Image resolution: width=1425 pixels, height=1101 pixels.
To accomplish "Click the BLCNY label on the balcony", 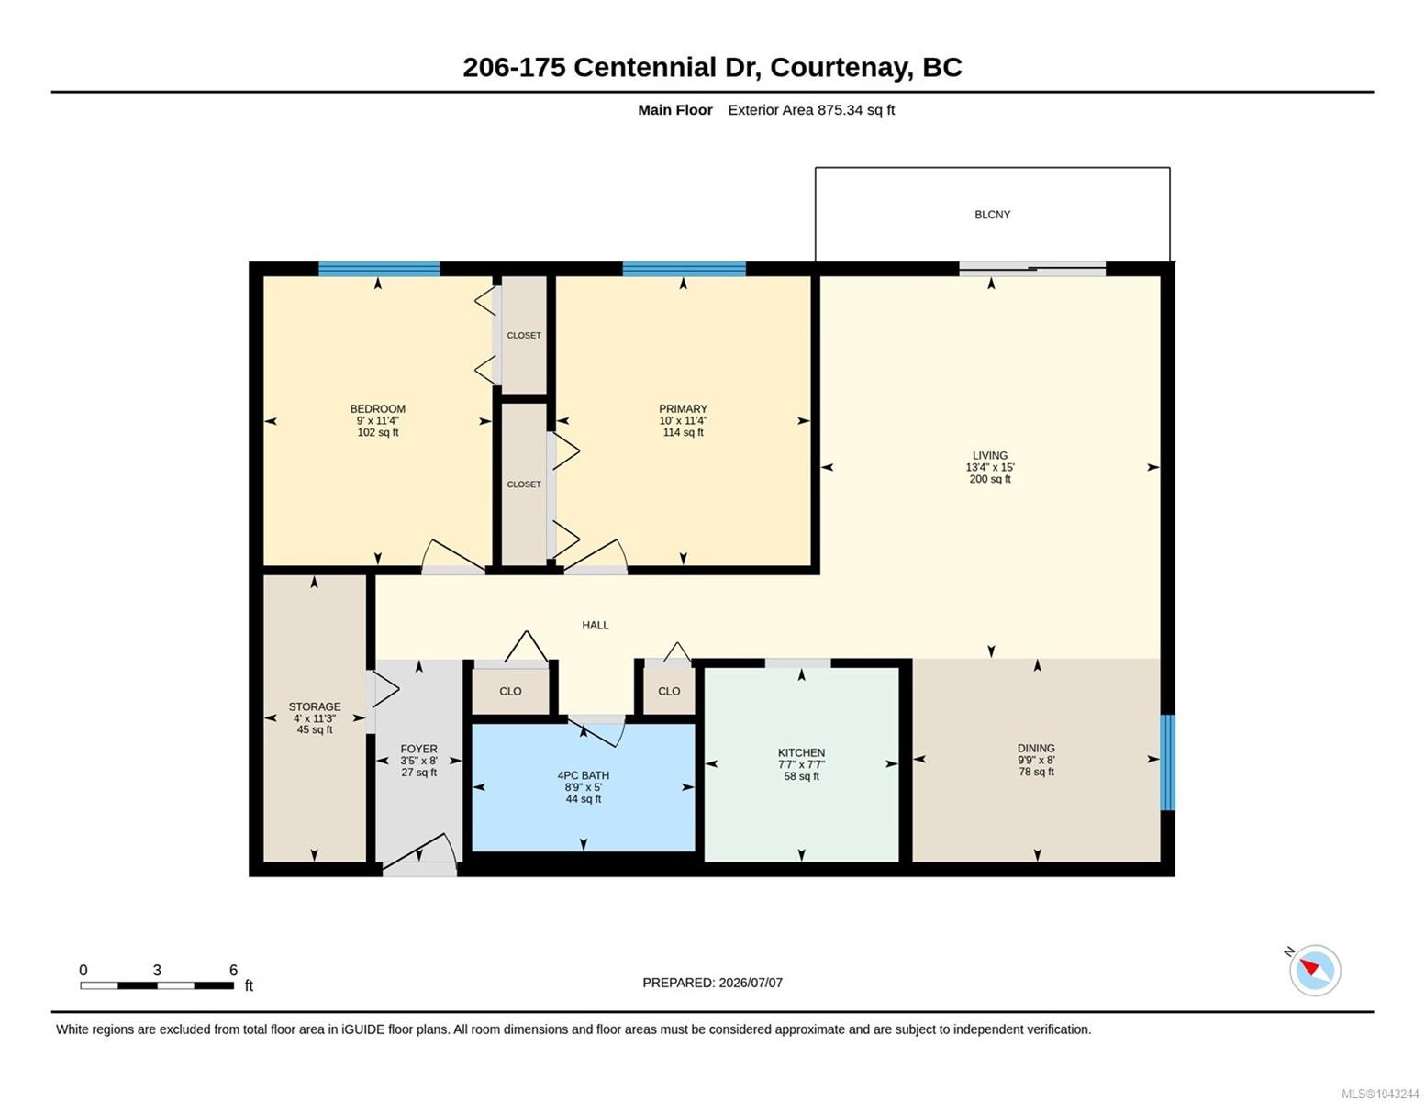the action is tap(992, 215).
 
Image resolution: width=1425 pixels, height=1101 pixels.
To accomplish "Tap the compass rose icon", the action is tap(1314, 970).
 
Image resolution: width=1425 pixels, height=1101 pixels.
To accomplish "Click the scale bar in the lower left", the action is tap(157, 984).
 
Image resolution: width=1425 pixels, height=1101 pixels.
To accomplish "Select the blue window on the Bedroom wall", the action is tap(379, 268).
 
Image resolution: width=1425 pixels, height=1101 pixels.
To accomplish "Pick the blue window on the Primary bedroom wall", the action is tap(684, 268).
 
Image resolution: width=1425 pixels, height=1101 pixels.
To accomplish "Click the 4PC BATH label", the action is tap(583, 775).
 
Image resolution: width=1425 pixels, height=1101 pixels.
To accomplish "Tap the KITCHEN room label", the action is tap(801, 752).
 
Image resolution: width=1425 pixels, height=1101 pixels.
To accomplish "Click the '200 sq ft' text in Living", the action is tap(989, 479).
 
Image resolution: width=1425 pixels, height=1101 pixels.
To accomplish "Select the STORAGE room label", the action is tap(314, 706).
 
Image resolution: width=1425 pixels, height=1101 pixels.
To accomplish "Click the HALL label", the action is tap(595, 625).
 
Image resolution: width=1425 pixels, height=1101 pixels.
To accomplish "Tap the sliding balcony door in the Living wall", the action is tap(1031, 268).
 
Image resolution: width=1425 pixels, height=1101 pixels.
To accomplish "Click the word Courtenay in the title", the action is tap(841, 67).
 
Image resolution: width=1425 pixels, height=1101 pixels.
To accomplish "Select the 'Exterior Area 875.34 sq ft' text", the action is tap(810, 109).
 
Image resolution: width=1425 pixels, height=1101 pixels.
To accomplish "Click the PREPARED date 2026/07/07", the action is tap(751, 983).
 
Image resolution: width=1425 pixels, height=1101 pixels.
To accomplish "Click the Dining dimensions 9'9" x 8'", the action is tap(1035, 760).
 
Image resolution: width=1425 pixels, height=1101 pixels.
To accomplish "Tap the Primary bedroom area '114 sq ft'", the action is tap(683, 432).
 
